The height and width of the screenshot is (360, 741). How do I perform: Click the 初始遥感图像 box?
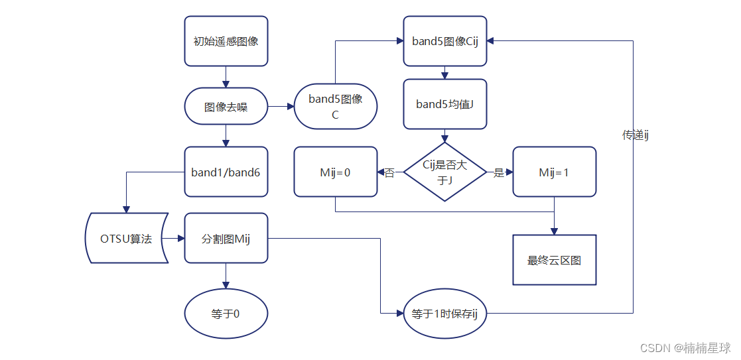226,41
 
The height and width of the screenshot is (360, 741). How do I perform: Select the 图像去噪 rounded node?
226,106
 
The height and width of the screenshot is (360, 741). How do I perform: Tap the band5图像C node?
335,106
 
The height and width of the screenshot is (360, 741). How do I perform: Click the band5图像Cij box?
445,41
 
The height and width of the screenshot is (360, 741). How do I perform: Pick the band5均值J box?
445,104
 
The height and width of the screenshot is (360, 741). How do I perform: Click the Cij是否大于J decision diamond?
445,172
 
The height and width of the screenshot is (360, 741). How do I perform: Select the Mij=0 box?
335,172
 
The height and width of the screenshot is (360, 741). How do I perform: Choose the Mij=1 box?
554,172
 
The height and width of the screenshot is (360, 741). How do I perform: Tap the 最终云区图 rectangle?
554,260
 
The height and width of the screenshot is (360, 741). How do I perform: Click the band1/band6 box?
226,172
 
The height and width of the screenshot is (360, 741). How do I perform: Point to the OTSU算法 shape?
126,238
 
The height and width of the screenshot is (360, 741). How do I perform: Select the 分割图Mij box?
226,238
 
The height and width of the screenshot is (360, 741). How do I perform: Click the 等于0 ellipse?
226,313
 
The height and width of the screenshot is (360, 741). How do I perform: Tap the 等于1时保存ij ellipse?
445,313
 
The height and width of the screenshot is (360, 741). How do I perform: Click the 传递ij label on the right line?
634,135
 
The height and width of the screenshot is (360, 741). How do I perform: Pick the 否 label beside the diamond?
389,172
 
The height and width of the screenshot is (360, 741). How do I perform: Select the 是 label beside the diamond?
499,172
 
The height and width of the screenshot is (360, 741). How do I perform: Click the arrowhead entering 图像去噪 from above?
226,84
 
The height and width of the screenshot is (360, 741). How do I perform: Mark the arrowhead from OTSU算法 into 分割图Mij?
180,238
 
